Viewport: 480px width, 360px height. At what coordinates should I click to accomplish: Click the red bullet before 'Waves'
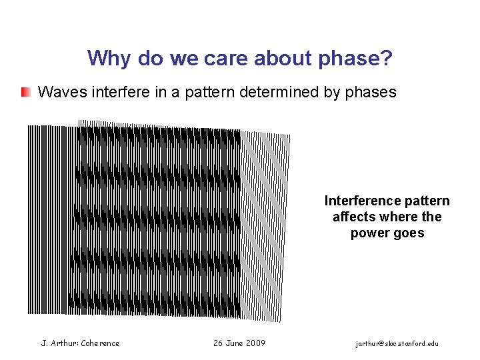pyautogui.click(x=25, y=92)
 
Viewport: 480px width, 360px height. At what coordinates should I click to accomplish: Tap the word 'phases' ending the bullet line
pyautogui.click(x=371, y=92)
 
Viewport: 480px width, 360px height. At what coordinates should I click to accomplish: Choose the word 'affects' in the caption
pyautogui.click(x=354, y=217)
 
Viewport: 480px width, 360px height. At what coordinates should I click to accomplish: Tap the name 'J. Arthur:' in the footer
pyautogui.click(x=59, y=343)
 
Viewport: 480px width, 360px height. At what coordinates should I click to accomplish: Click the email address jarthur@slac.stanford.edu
pyautogui.click(x=397, y=343)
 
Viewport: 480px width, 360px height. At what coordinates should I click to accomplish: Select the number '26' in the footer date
pyautogui.click(x=218, y=343)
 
